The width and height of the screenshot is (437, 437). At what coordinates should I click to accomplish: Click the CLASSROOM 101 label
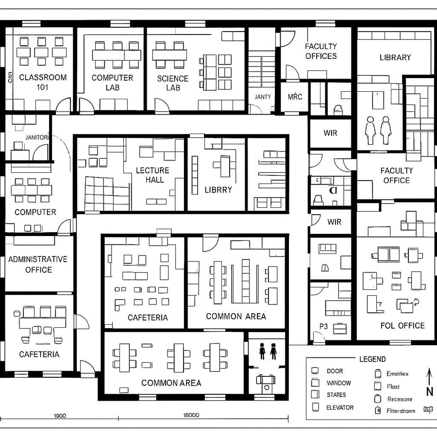pyautogui.click(x=43, y=82)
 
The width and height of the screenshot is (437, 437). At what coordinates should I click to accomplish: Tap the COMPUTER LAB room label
pyautogui.click(x=112, y=83)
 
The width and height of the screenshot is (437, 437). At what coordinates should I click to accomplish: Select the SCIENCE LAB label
pyautogui.click(x=173, y=83)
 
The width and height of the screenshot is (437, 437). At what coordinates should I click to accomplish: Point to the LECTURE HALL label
pyautogui.click(x=152, y=175)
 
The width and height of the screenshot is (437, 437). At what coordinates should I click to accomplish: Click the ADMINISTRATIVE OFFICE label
pyautogui.click(x=38, y=264)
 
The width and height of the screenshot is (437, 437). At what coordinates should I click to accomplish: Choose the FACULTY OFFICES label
pyautogui.click(x=321, y=51)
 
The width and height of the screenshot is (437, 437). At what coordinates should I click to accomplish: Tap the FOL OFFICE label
pyautogui.click(x=403, y=325)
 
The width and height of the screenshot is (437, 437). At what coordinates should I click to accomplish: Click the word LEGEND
pyautogui.click(x=372, y=359)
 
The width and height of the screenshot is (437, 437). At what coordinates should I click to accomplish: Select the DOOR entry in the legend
pyautogui.click(x=335, y=371)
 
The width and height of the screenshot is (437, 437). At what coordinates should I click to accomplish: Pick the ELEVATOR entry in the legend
pyautogui.click(x=340, y=407)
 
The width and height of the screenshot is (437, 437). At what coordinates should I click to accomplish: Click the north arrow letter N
pyautogui.click(x=430, y=391)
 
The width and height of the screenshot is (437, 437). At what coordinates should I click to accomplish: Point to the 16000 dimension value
pyautogui.click(x=191, y=416)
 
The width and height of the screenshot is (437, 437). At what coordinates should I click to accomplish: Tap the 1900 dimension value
pyautogui.click(x=60, y=416)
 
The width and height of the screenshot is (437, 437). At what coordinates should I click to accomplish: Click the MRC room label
pyautogui.click(x=295, y=97)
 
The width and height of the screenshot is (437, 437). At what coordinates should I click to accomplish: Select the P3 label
pyautogui.click(x=324, y=326)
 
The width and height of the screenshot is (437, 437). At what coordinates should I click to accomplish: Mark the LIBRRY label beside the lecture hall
pyautogui.click(x=218, y=190)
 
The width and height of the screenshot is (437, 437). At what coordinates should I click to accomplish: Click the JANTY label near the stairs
pyautogui.click(x=263, y=97)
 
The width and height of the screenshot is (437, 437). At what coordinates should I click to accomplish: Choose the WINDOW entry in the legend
pyautogui.click(x=338, y=383)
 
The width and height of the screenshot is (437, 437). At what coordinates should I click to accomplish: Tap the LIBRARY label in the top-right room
pyautogui.click(x=395, y=57)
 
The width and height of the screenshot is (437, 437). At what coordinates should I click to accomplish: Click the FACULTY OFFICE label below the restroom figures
pyautogui.click(x=397, y=175)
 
